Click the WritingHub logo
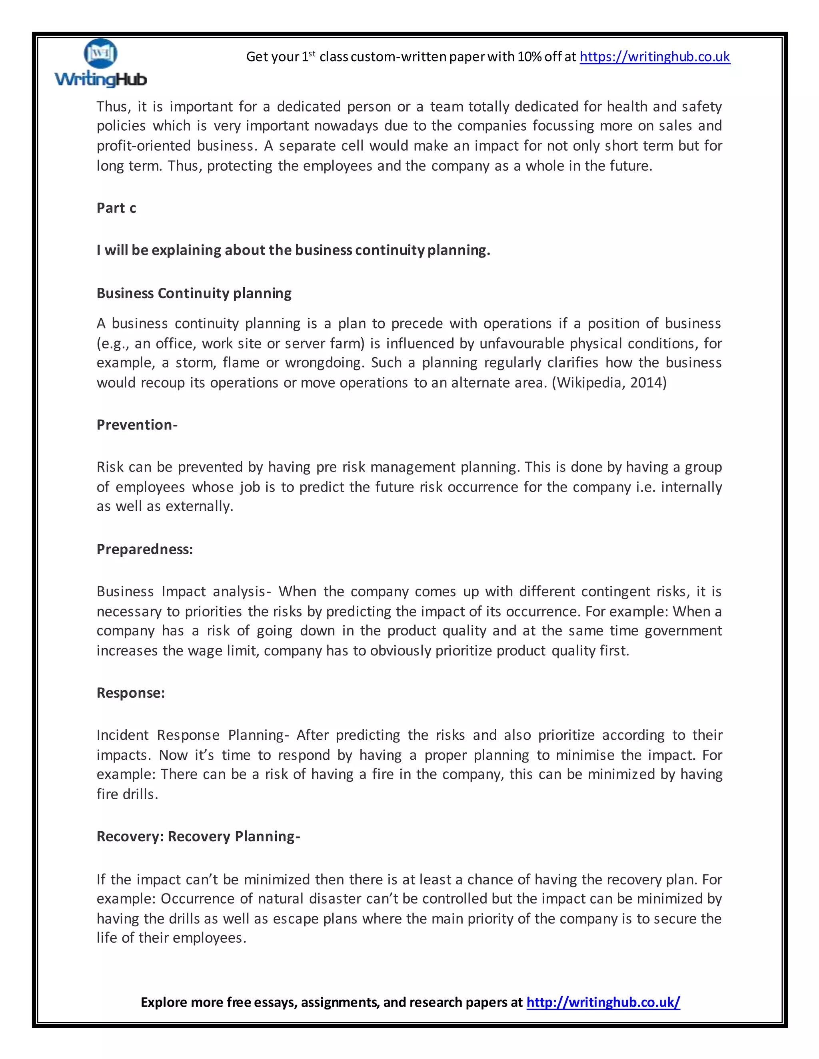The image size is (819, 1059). [x=100, y=64]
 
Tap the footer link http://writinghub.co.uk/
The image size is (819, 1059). [x=603, y=1002]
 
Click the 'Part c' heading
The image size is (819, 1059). [x=116, y=208]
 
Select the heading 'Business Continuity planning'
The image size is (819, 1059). [x=194, y=293]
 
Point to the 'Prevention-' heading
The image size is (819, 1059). [x=137, y=425]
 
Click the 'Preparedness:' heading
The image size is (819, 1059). [x=145, y=549]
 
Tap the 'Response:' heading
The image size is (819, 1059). [x=130, y=693]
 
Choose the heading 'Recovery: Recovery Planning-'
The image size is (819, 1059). [x=198, y=836]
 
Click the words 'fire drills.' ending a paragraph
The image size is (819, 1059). [x=127, y=794]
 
